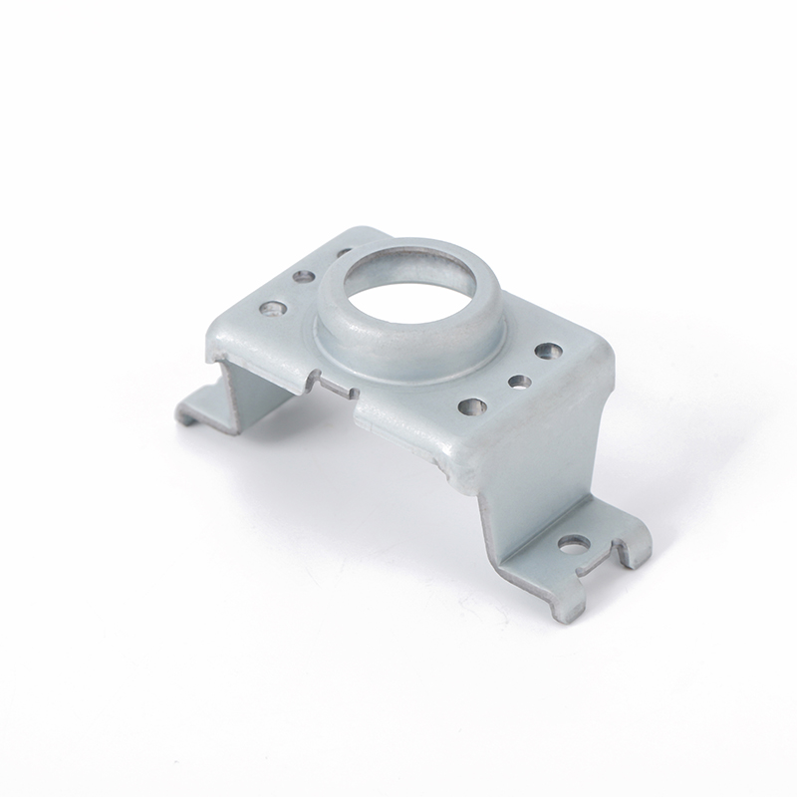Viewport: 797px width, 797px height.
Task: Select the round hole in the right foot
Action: tap(573, 544)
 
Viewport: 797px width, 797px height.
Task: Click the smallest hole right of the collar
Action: tap(517, 381)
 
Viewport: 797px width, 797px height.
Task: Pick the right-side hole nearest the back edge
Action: tap(547, 351)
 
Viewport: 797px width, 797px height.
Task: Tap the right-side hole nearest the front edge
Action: tap(474, 406)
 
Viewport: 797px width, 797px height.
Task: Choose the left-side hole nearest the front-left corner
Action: tap(270, 309)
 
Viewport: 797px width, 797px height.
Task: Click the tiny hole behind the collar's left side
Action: tap(342, 253)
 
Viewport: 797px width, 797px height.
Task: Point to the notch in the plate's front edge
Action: tap(336, 384)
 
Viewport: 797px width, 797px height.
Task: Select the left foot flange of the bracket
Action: tap(199, 406)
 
